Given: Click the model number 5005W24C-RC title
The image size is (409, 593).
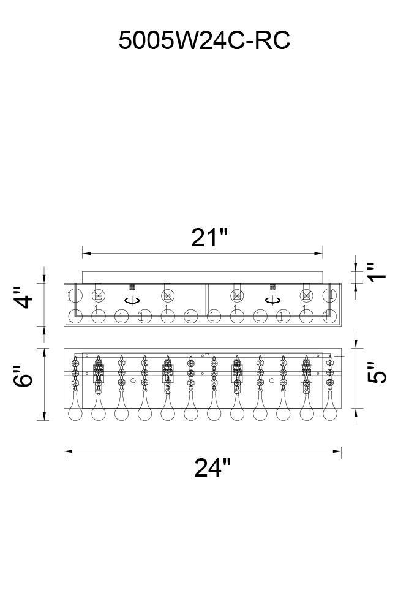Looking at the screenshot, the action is coord(204,40).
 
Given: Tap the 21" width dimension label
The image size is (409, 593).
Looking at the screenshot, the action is coord(209,238).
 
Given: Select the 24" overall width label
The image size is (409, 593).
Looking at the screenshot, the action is coord(212,467).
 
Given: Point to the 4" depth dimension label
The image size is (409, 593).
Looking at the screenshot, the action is coord(23,298).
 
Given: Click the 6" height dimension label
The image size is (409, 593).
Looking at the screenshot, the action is coord(23,376).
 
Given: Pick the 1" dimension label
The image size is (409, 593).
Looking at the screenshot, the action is coord(377,272).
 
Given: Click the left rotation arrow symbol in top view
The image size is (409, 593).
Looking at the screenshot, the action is coord(132,301).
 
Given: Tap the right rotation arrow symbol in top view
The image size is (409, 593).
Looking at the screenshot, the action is coord(272,301).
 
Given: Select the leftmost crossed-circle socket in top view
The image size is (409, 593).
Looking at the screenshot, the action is coord(99,295).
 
